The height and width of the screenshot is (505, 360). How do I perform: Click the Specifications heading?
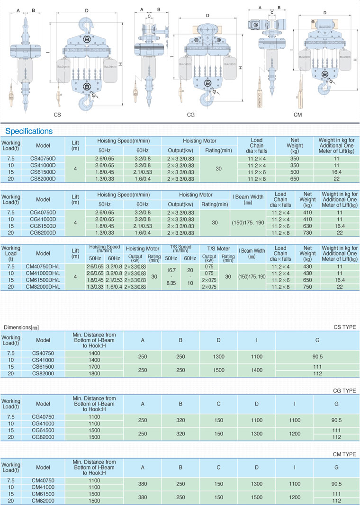coord(29,131)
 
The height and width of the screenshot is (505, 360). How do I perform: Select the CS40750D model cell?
coord(43,159)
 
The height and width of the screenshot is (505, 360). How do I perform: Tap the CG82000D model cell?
coord(43,233)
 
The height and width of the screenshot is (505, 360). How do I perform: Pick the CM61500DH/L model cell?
coord(43,280)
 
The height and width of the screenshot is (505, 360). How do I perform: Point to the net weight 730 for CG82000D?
coord(307,233)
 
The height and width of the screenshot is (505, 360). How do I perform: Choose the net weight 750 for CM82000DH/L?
coord(307,287)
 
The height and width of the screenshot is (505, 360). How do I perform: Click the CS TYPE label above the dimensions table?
coord(344,327)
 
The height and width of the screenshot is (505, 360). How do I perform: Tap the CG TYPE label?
coord(344,390)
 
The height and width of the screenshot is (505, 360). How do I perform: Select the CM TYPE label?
coord(344,454)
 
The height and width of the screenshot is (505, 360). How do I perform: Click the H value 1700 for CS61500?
coord(94,366)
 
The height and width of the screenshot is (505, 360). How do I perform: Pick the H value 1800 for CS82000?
coord(94,373)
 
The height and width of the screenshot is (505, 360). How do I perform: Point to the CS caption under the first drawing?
coord(57,115)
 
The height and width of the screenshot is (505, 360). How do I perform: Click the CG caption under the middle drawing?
coord(191,115)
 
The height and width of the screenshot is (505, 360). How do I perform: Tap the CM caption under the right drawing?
coord(297,115)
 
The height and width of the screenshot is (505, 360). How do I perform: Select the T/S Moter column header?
coord(218,249)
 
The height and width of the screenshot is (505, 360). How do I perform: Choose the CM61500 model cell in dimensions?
coord(43,494)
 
